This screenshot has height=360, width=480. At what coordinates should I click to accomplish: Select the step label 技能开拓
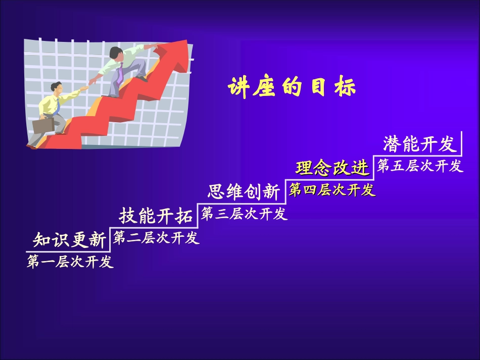[156, 216]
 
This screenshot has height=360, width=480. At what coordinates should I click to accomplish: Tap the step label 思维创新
[243, 192]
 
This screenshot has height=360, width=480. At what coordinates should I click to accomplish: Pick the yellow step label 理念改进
[332, 168]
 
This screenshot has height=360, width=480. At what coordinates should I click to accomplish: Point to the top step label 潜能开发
[419, 144]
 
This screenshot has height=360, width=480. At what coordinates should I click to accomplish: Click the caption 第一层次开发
[70, 262]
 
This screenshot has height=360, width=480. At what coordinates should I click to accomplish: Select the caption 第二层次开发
[156, 238]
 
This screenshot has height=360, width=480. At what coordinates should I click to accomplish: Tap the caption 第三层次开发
[244, 214]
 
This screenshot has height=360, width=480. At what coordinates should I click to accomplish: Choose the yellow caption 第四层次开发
[332, 190]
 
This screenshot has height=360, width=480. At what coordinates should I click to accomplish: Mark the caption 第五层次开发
[419, 166]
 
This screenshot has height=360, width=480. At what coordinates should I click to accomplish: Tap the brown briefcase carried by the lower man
[42, 125]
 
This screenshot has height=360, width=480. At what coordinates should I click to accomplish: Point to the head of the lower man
[55, 89]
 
